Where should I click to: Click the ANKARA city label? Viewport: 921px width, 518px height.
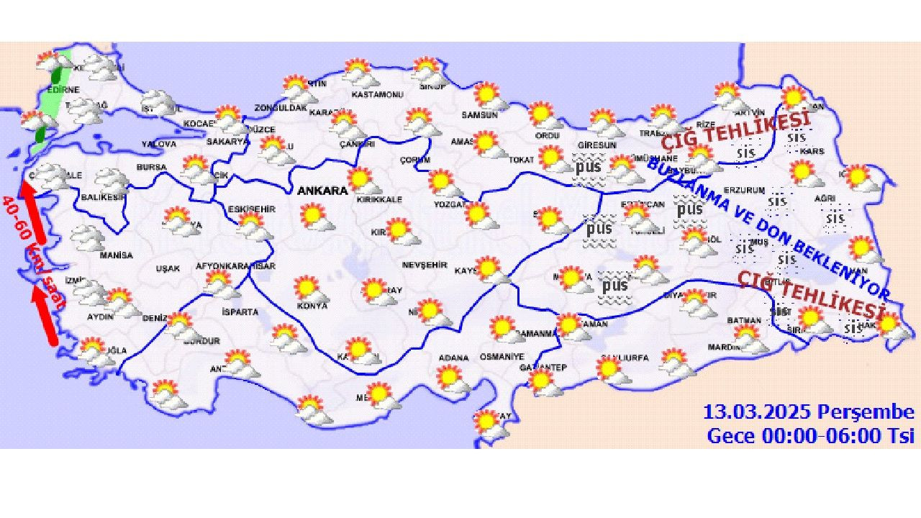[x=322, y=191]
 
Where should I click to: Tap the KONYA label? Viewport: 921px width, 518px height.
[x=312, y=306]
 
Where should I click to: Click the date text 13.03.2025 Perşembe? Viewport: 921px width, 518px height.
[x=808, y=413]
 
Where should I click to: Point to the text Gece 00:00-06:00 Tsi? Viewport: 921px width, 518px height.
[x=810, y=435]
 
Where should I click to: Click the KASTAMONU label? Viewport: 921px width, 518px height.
[x=372, y=94]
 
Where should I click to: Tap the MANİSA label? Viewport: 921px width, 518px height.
[x=116, y=255]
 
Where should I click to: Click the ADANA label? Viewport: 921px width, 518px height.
[x=453, y=358]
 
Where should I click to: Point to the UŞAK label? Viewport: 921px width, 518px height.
[x=168, y=268]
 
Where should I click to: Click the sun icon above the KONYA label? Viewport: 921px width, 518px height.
[x=309, y=288]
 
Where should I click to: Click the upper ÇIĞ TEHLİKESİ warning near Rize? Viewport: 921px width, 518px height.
[x=735, y=129]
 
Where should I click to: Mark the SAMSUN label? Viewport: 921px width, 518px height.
[x=479, y=114]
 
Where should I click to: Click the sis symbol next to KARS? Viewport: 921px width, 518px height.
[x=797, y=137]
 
